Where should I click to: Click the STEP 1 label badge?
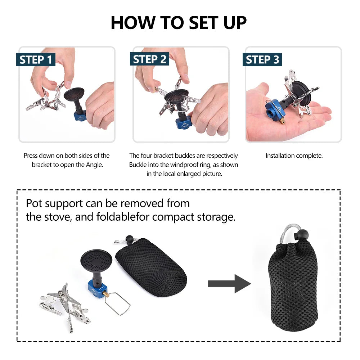[36, 59]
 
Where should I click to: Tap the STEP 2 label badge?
[149, 59]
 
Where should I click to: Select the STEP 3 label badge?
[262, 59]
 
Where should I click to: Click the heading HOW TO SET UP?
[179, 23]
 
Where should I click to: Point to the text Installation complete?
[294, 156]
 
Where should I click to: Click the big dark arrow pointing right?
[229, 283]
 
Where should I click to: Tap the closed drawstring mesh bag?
[294, 281]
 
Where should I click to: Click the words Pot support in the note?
[54, 203]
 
